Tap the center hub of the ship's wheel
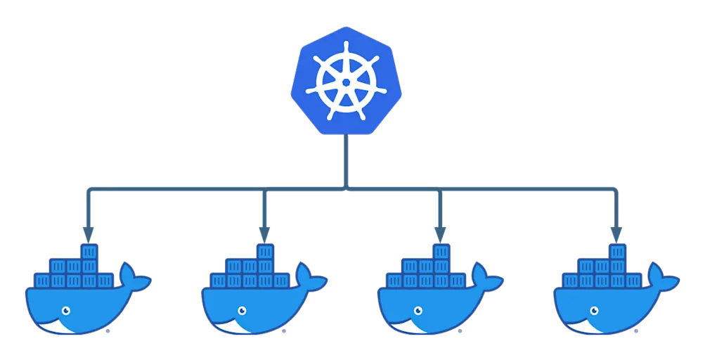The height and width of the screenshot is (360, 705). tap(345, 82)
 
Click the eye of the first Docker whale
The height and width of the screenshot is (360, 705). tap(65, 310)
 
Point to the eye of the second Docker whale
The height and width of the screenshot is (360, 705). tap(241, 310)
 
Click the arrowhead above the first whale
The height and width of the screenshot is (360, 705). tap(88, 233)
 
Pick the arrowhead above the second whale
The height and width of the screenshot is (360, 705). tap(264, 233)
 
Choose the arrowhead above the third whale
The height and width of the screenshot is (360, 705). tap(440, 233)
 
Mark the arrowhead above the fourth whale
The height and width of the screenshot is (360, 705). tap(616, 233)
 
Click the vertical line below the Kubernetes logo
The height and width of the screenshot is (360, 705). tap(345, 162)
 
